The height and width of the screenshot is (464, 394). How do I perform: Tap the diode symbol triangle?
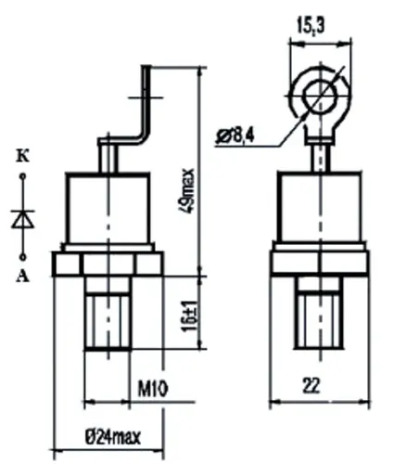tap(23, 220)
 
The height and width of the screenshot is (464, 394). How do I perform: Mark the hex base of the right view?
tap(321, 262)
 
